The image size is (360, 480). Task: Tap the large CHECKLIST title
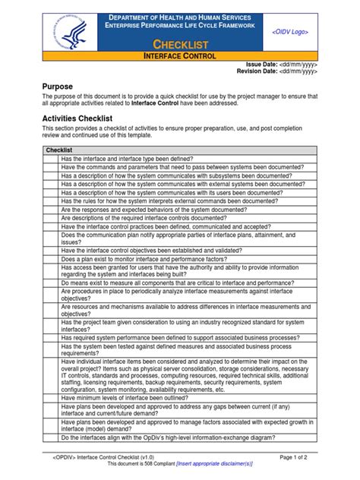(181, 46)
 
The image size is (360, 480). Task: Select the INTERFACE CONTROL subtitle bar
(181, 57)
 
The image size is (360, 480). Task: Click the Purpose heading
(58, 87)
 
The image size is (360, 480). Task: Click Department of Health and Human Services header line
(181, 17)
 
